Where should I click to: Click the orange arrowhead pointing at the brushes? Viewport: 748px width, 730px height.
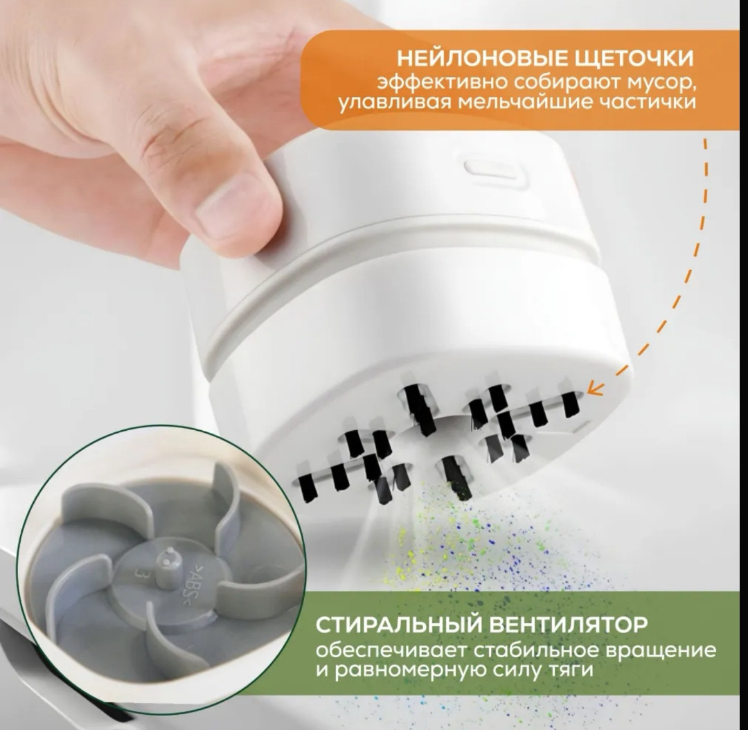594,389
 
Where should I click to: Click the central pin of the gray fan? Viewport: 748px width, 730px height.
167,560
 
